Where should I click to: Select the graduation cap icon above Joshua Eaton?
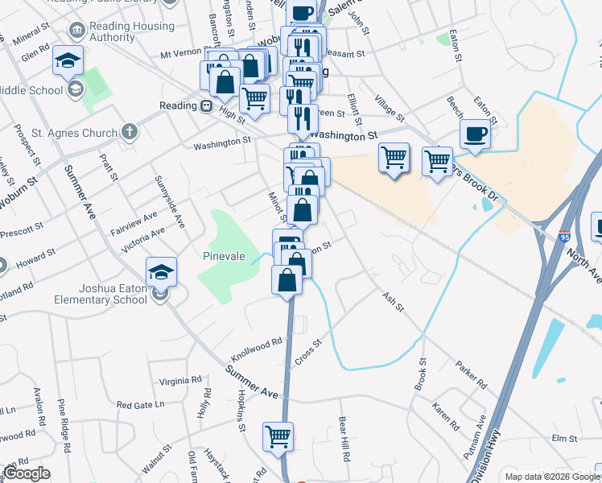(161, 271)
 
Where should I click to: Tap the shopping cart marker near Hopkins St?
(278, 436)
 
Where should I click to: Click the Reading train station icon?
(206, 105)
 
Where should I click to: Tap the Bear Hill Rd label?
(344, 438)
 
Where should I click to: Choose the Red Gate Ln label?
(140, 404)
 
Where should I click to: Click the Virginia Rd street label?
(179, 380)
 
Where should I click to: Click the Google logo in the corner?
(27, 473)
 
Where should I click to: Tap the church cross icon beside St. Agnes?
(130, 131)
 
